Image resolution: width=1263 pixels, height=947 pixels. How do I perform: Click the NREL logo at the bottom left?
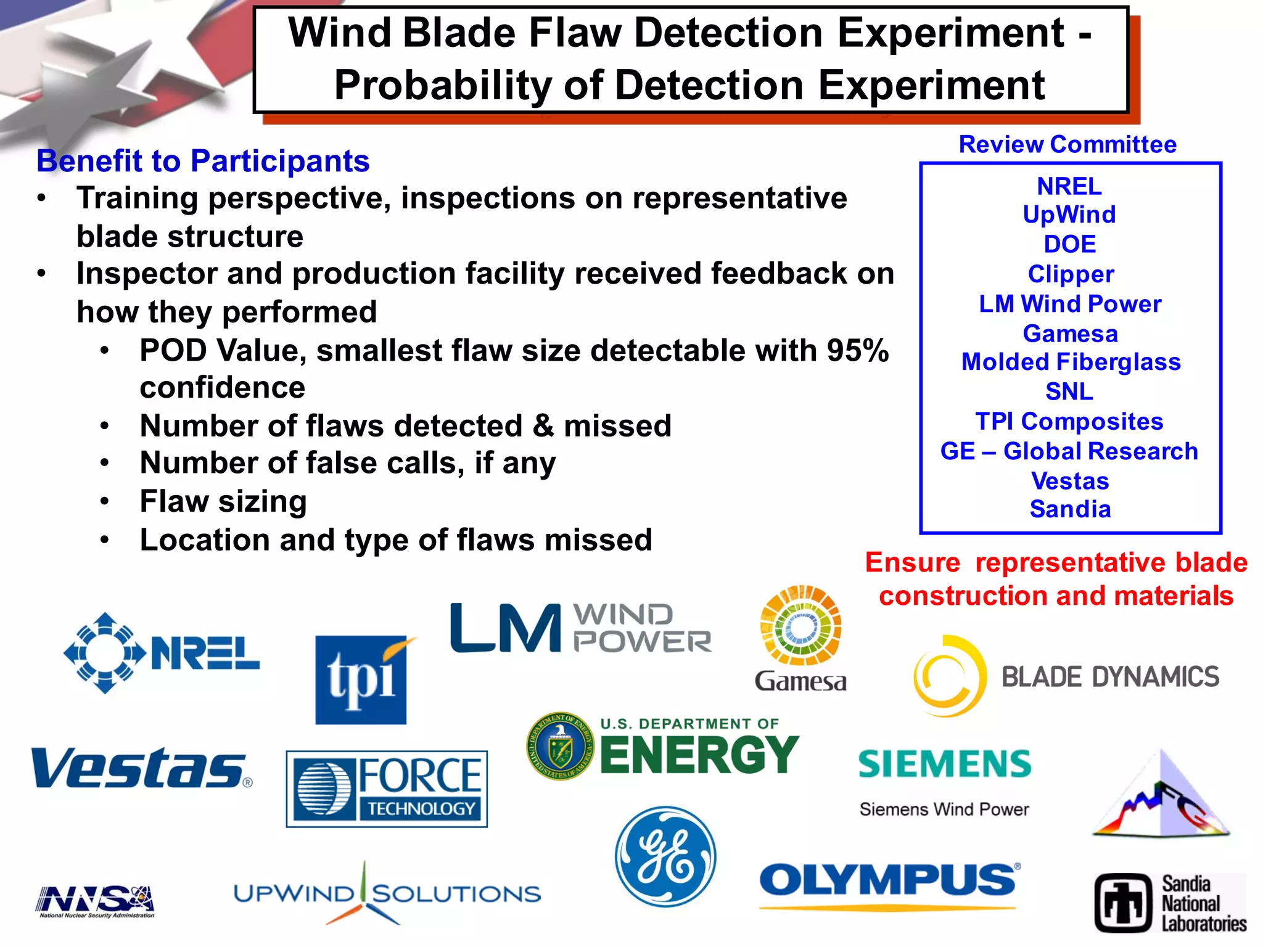tap(162, 653)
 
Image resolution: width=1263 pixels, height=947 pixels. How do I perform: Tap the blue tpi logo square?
tap(361, 680)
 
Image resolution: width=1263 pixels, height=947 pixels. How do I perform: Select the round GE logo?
tap(666, 857)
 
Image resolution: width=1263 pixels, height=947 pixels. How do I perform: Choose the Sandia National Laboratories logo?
tap(1169, 903)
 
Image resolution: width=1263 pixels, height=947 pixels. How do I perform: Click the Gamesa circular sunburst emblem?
tap(800, 625)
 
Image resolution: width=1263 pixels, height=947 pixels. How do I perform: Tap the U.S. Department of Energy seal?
tap(560, 747)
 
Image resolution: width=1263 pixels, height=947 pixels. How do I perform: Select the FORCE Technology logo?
tap(387, 789)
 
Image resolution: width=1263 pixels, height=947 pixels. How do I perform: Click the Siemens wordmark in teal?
tap(944, 765)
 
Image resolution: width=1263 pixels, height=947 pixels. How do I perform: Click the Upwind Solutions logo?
tap(387, 894)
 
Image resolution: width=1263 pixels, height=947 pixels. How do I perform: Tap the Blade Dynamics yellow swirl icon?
tap(947, 676)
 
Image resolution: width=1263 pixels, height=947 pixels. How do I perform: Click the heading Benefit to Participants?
tap(203, 162)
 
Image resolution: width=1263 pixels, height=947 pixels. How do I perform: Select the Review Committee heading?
tap(1068, 144)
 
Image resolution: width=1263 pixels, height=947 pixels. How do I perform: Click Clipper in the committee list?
tap(1071, 274)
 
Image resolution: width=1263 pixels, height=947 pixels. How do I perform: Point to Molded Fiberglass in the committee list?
tap(1071, 362)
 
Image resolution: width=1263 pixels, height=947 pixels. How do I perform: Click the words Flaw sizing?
tap(223, 501)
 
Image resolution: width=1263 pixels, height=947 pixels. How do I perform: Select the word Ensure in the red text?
tap(913, 562)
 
